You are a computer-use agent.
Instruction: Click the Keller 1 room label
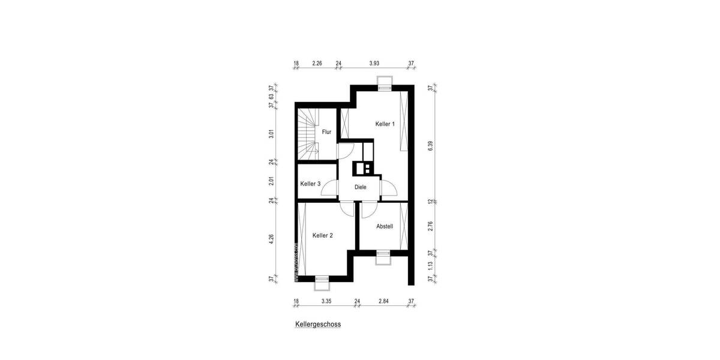[x=385, y=124]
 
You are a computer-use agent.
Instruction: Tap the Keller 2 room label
[x=322, y=236]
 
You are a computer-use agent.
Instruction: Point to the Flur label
[x=326, y=132]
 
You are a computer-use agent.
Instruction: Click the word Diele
[x=360, y=187]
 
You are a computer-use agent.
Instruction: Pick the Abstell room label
[x=385, y=226]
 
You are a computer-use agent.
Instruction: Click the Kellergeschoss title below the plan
[x=317, y=324]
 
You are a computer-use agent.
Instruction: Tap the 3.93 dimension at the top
[x=374, y=63]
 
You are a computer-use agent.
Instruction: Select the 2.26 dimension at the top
[x=317, y=63]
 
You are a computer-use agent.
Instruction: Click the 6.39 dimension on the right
[x=430, y=145]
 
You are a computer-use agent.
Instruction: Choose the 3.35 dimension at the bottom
[x=326, y=301]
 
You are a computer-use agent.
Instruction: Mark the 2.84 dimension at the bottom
[x=384, y=301]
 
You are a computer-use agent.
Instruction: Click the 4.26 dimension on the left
[x=272, y=238]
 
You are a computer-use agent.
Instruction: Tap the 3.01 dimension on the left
[x=272, y=133]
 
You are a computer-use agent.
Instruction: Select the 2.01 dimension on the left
[x=272, y=181]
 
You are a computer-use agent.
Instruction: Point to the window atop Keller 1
[x=383, y=83]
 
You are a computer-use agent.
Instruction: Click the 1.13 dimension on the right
[x=430, y=266]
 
